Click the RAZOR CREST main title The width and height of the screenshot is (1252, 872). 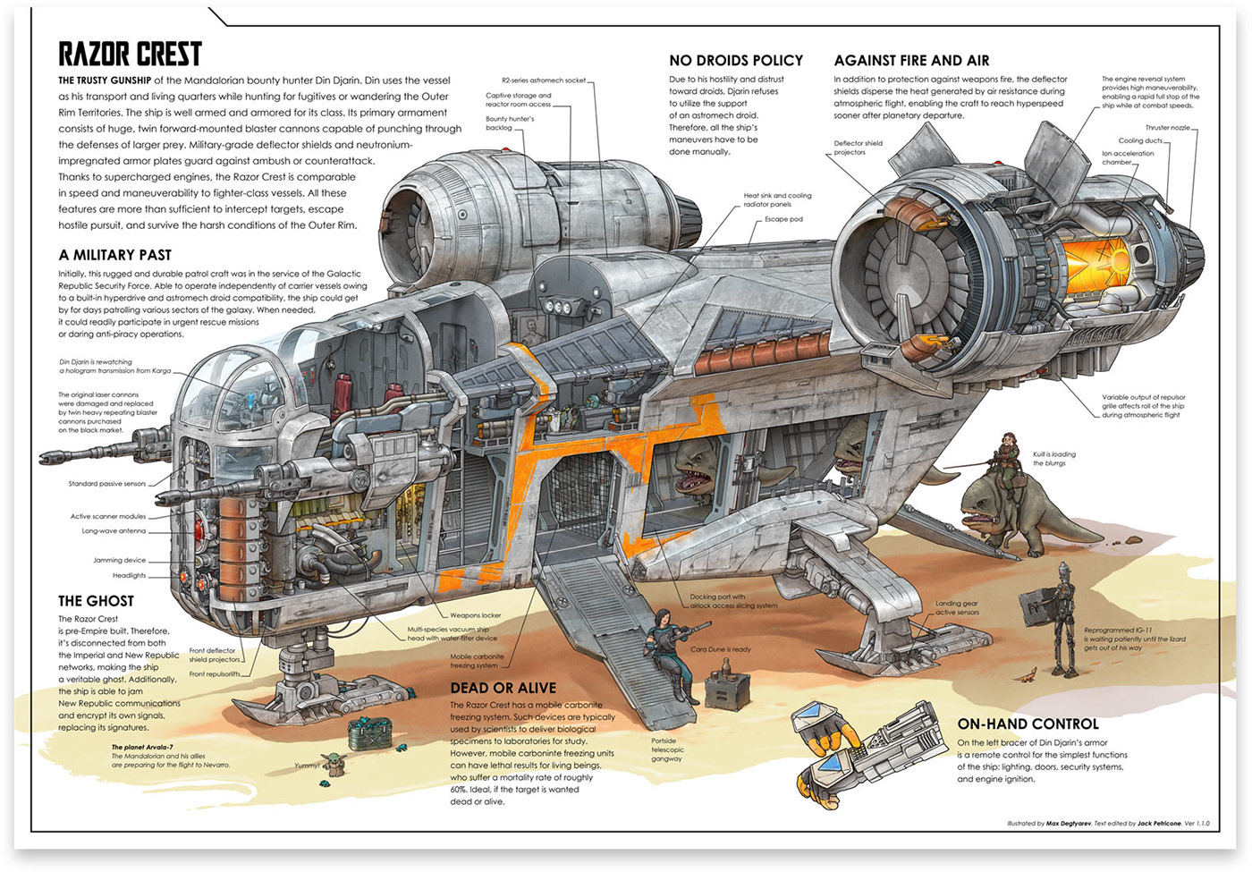pyautogui.click(x=130, y=55)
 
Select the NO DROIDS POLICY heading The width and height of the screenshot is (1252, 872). pyautogui.click(x=736, y=61)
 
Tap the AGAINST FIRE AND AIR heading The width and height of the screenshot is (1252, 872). pyautogui.click(x=911, y=61)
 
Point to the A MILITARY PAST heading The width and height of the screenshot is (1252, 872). pyautogui.click(x=115, y=255)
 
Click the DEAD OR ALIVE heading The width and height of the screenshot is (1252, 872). pyautogui.click(x=503, y=688)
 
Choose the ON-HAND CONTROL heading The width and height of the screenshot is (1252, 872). pyautogui.click(x=1028, y=724)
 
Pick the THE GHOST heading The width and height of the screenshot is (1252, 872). pyautogui.click(x=96, y=601)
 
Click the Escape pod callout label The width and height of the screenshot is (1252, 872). pyautogui.click(x=783, y=219)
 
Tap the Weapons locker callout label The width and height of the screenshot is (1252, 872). pyautogui.click(x=475, y=615)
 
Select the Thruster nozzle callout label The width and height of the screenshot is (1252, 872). pyautogui.click(x=1167, y=128)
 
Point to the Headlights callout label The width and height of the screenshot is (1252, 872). pyautogui.click(x=129, y=575)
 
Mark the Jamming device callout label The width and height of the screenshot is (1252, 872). pyautogui.click(x=119, y=560)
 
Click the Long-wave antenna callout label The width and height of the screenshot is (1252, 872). pyautogui.click(x=114, y=530)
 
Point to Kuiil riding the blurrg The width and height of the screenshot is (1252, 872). pyautogui.click(x=1009, y=456)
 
